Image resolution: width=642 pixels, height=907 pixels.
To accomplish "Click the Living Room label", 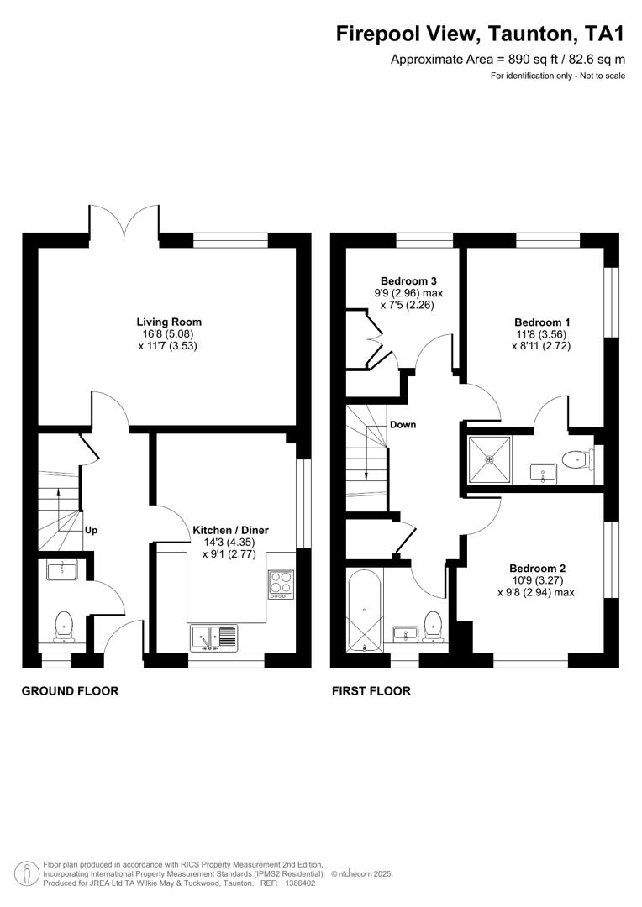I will click(x=169, y=322).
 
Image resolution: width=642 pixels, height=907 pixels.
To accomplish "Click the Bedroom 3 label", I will click(x=408, y=281).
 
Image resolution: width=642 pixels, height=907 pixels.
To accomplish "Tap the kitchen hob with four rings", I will click(x=280, y=584).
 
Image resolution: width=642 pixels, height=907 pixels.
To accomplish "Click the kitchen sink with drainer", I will click(x=213, y=638).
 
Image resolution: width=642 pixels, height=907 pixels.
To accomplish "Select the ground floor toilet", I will click(x=63, y=627).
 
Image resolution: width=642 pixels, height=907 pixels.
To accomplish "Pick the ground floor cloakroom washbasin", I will click(x=62, y=571).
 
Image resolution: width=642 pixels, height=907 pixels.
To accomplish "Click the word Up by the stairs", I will click(x=92, y=531).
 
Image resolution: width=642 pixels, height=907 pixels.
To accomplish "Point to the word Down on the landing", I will click(x=403, y=425).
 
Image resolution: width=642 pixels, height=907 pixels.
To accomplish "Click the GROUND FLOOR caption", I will click(x=70, y=691).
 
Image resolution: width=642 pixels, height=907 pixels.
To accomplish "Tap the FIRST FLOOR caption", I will click(x=371, y=691).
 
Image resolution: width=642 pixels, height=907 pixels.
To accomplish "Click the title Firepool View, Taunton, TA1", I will click(x=481, y=34).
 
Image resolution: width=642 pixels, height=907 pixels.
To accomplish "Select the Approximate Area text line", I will click(x=508, y=60).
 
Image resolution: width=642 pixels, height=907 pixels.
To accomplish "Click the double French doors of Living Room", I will click(x=124, y=225).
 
